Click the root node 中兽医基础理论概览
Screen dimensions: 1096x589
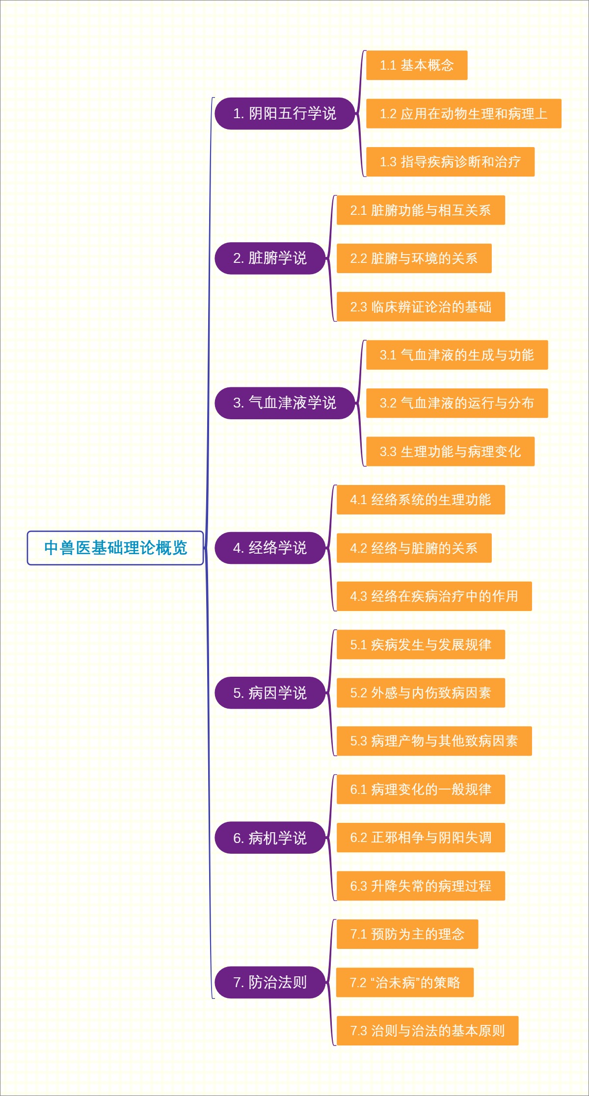115,548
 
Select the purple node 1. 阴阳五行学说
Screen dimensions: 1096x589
285,113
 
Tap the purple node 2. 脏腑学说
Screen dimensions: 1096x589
270,258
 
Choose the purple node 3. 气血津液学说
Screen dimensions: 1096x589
285,403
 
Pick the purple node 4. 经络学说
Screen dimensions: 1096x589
270,548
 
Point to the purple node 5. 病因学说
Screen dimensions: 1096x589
270,693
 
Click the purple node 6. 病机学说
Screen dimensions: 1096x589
270,838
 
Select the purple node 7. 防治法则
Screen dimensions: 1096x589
270,982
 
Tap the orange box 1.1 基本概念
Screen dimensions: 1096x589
417,65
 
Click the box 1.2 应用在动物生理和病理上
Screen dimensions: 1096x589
464,114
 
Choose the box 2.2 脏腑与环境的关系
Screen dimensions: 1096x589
414,258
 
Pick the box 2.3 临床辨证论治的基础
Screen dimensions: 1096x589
421,307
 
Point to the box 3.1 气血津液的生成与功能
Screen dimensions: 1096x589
457,355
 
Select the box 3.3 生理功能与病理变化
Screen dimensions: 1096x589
450,452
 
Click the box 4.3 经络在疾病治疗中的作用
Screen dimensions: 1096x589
434,596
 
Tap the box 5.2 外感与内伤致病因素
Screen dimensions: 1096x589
421,693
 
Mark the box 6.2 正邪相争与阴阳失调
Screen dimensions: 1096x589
421,838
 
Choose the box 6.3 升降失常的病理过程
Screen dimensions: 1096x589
421,886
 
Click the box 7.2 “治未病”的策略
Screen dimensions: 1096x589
405,982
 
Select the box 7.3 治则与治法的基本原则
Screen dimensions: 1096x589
428,1031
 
